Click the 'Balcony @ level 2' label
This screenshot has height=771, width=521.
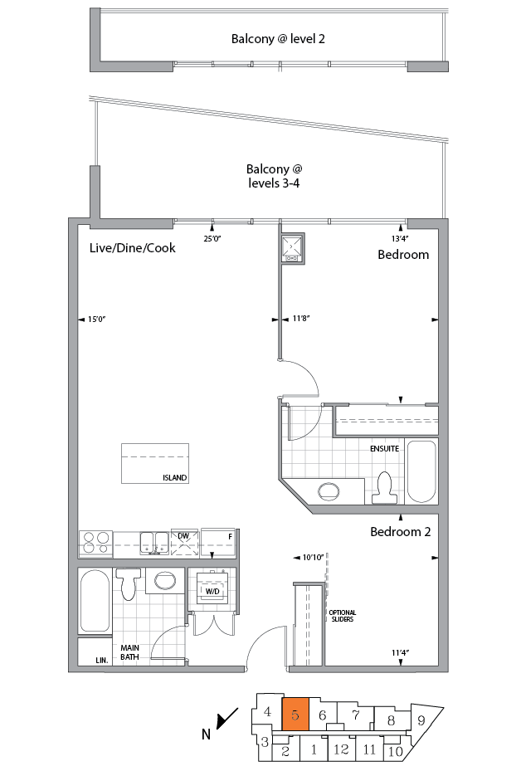[x=271, y=39]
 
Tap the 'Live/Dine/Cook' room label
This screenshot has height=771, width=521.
[x=133, y=247]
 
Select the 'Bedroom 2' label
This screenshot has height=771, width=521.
[x=400, y=532]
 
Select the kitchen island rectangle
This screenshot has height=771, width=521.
[x=155, y=463]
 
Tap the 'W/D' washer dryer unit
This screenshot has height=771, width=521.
[x=212, y=591]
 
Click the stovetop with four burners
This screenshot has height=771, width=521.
[x=95, y=543]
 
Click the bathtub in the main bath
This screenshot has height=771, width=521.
[x=94, y=600]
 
